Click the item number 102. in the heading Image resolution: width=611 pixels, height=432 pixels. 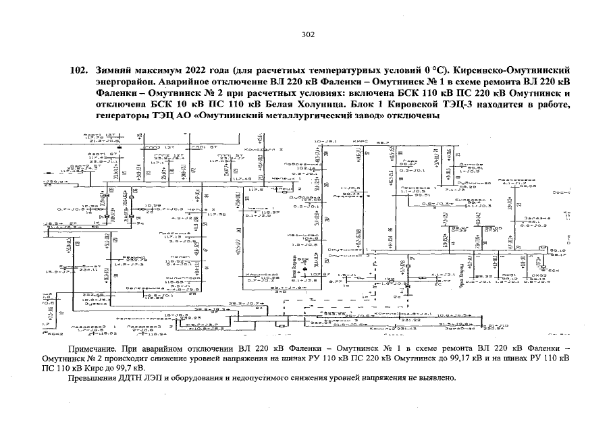pos(78,70)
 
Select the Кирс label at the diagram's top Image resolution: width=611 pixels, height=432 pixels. pos(358,142)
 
